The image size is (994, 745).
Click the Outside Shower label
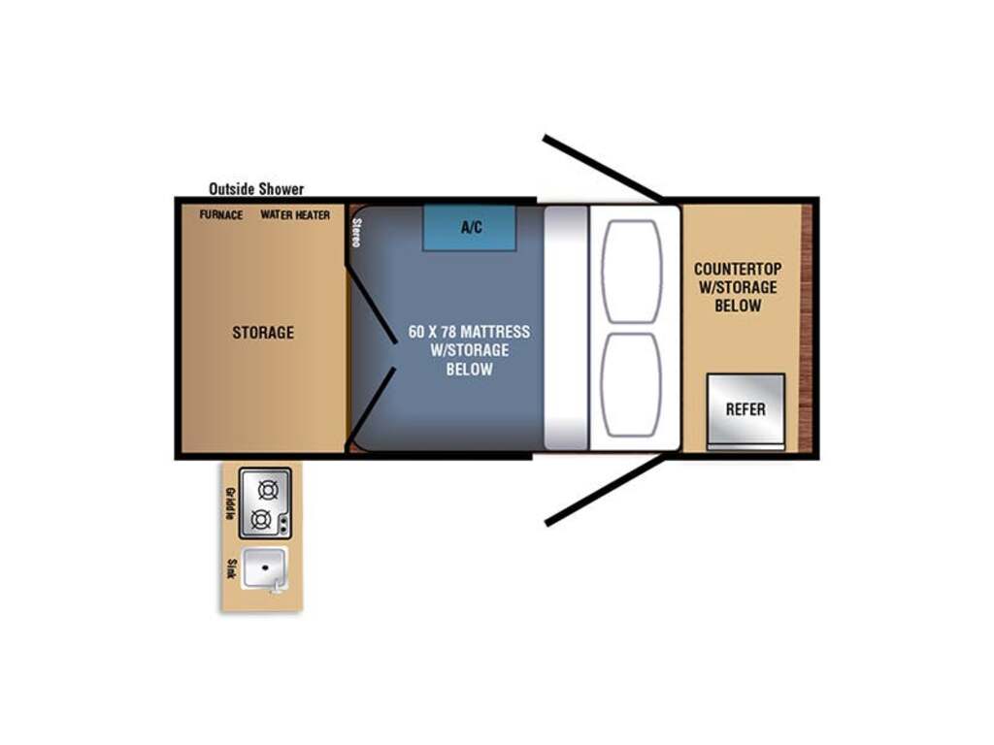point(256,189)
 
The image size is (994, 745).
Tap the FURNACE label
point(221,214)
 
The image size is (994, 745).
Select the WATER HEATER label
point(295,214)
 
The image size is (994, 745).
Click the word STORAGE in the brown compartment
point(263,333)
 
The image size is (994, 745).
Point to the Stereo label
point(356,233)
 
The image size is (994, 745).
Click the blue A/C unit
point(470,227)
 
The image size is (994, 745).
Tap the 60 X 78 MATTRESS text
point(469,332)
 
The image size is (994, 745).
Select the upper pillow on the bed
point(631,272)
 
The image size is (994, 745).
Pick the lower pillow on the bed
point(631,384)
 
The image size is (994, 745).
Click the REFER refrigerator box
point(746,410)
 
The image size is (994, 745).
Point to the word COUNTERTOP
point(738,269)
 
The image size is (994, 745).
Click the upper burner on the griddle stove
point(268,490)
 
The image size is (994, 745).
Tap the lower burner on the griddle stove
point(261,520)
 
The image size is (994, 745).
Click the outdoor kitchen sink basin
point(265,567)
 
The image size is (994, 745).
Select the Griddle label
point(231,503)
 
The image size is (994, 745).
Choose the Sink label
point(231,568)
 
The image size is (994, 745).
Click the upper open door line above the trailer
point(603,169)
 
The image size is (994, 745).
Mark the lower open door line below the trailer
point(606,489)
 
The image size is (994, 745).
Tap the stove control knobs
point(283,524)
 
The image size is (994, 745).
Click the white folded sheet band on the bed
point(567,328)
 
